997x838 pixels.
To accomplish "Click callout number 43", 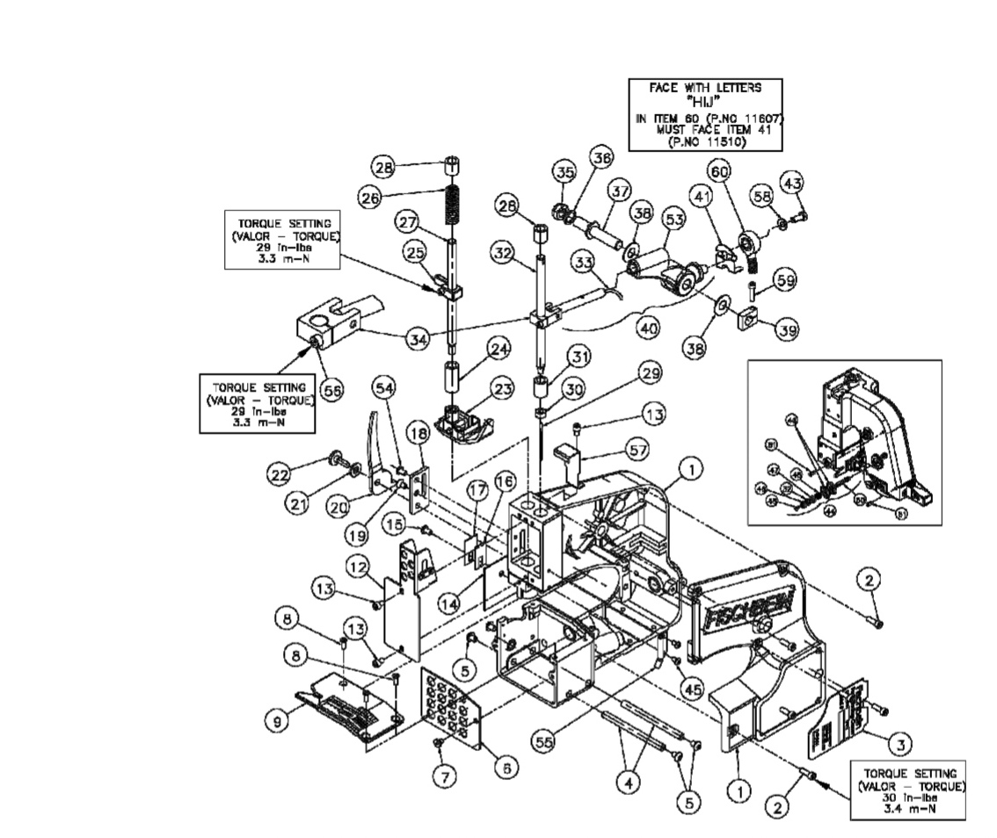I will [x=792, y=183].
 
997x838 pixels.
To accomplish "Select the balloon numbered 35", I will [x=564, y=170].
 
